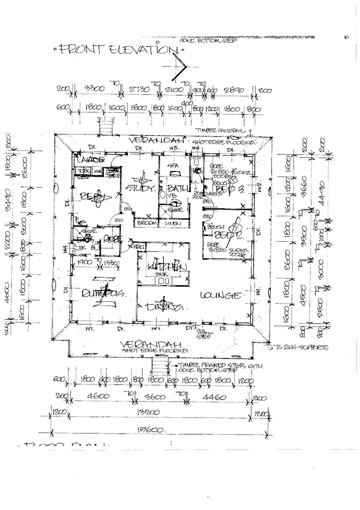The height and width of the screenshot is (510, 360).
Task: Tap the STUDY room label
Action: tap(140, 188)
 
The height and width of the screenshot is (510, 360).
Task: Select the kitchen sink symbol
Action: tap(163, 280)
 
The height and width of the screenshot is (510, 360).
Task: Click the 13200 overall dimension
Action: tap(159, 412)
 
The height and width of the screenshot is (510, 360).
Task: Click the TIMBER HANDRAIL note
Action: tap(222, 130)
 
